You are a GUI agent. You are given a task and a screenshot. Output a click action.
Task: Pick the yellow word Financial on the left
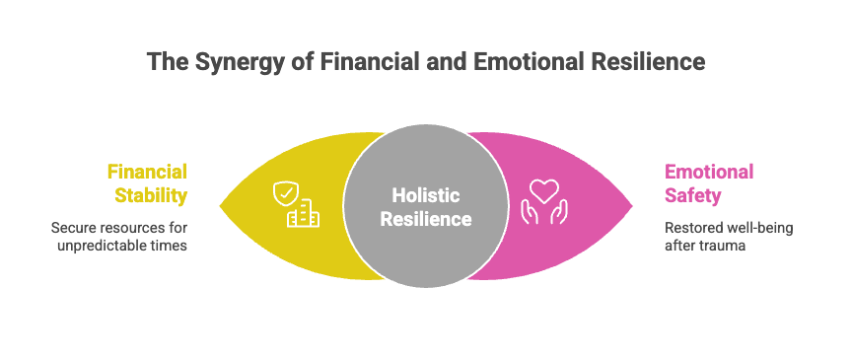click(x=147, y=173)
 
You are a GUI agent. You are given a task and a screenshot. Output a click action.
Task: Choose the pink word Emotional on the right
click(x=709, y=173)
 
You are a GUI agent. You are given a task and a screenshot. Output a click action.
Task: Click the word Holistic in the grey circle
click(x=426, y=195)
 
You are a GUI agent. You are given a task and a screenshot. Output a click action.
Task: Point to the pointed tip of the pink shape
click(x=632, y=205)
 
